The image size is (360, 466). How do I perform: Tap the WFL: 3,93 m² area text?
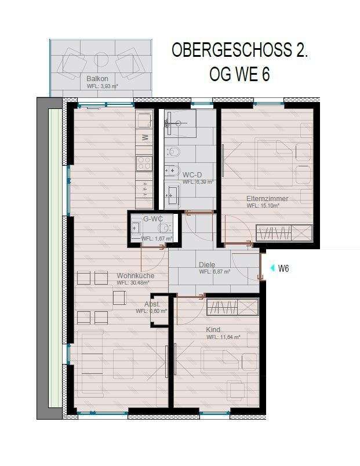[x=102, y=86]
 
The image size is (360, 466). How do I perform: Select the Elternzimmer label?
[x=267, y=199]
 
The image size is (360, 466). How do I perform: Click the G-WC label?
[x=152, y=219]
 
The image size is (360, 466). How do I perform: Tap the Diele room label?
[x=207, y=264]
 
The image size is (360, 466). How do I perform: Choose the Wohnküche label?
[x=136, y=276]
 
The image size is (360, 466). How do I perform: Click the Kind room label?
[x=213, y=329]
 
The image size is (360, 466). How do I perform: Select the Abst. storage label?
[x=152, y=304]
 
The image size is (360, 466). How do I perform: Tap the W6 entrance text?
[x=284, y=268]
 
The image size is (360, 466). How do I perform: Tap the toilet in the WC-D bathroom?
[x=174, y=152]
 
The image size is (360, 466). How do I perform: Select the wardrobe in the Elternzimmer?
[x=283, y=233]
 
